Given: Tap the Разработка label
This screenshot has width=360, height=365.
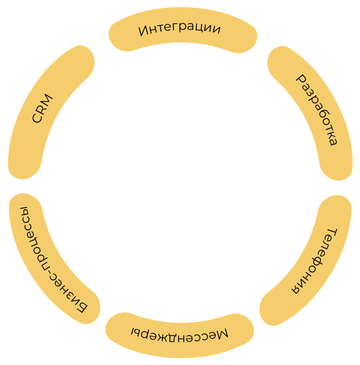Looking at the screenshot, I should (x=317, y=110).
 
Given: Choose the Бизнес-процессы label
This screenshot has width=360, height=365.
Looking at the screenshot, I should (x=48, y=260).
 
